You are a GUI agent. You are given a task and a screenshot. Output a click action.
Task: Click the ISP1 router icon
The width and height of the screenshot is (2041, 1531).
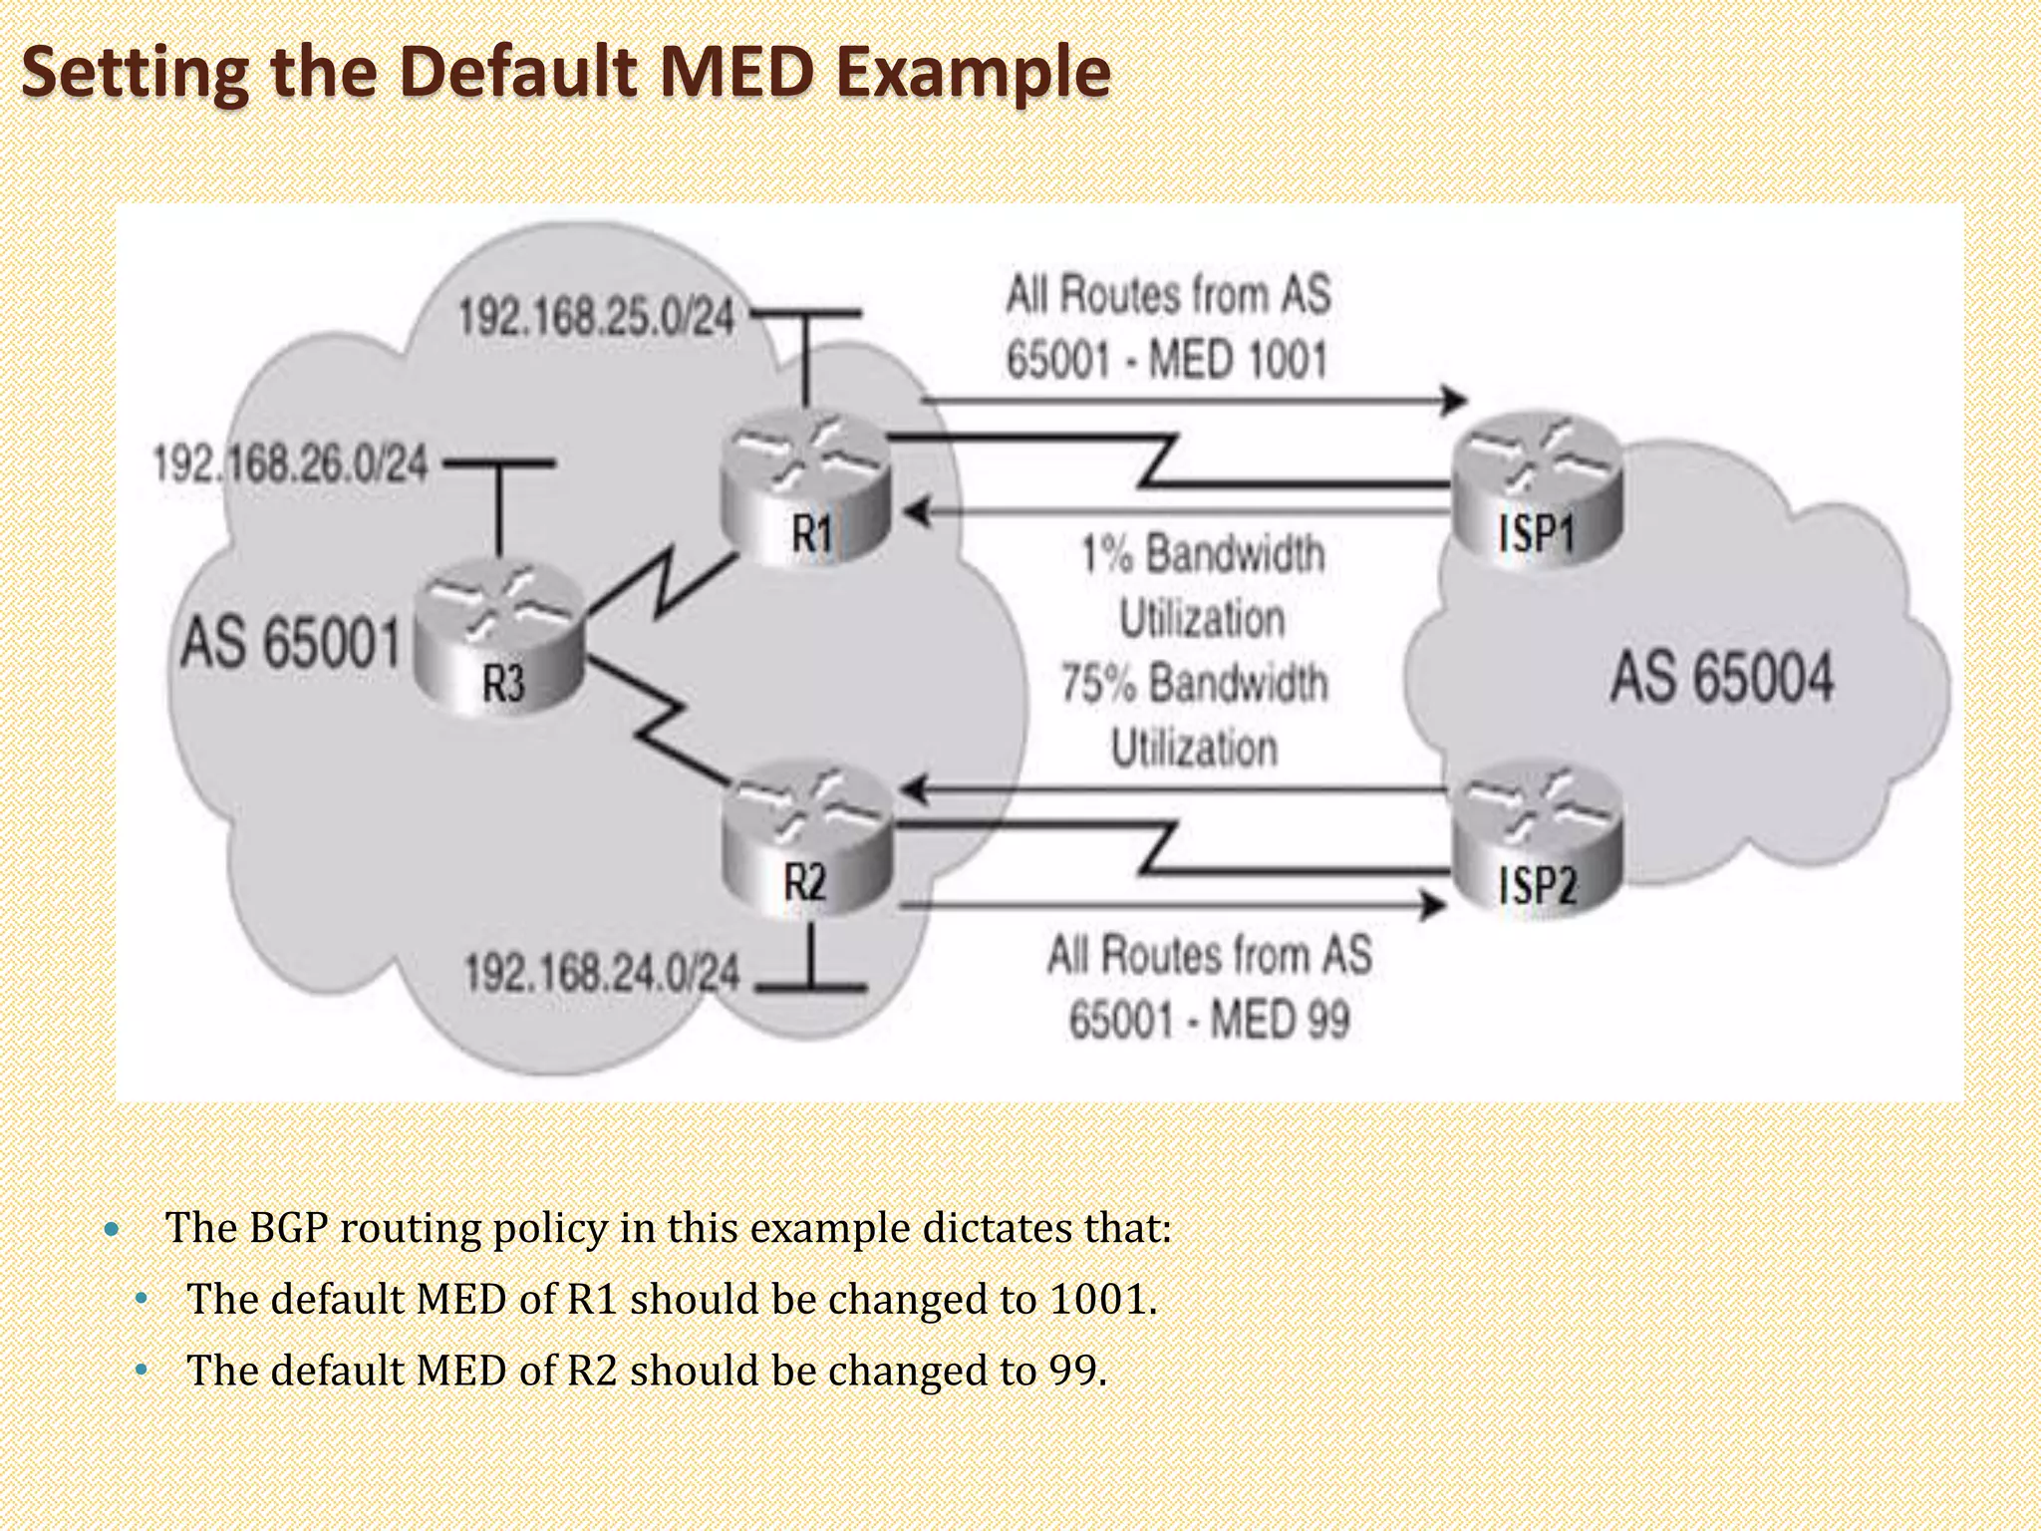pos(1536,488)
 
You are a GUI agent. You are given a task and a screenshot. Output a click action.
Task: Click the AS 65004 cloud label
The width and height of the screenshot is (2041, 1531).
pos(1721,678)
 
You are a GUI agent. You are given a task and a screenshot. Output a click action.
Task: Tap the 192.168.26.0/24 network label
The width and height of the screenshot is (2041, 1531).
pos(290,464)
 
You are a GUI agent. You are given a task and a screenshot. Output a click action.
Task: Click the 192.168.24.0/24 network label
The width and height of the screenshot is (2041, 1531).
pos(602,973)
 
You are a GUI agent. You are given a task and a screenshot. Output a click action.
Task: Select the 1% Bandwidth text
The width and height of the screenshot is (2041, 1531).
pos(1203,554)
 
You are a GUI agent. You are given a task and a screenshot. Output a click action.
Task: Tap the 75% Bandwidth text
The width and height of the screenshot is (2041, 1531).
pos(1194,684)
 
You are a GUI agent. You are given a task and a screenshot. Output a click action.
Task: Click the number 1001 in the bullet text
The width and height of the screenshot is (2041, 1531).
pos(1098,1299)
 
